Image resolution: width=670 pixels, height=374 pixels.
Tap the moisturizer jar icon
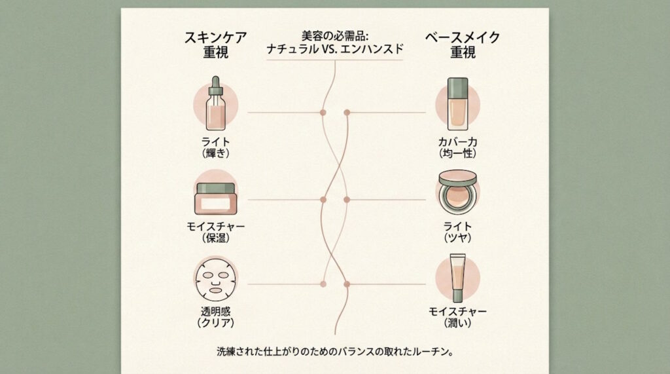coord(215,198)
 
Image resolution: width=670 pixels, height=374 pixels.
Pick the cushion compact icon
coord(457,192)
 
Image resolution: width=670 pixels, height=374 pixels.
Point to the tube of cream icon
coord(457,278)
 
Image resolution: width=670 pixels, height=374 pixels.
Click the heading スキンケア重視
coord(215,45)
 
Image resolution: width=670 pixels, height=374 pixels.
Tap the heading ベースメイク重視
coord(463,45)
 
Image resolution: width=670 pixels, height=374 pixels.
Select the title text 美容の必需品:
coord(335,35)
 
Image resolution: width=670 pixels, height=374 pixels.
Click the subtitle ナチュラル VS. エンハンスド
coord(335,49)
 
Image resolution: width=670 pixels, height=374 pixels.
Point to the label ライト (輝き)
coord(215,147)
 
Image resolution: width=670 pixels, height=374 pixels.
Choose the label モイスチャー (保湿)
coord(215,232)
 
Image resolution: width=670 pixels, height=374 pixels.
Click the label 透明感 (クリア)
coord(215,317)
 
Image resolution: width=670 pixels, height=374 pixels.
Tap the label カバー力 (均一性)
coord(457,147)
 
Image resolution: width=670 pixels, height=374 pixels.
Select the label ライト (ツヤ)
coord(457,232)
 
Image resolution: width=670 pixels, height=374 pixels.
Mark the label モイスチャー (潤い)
coord(457,317)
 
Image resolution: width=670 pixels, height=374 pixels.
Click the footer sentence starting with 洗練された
coord(335,352)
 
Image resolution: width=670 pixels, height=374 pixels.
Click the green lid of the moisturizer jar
coord(215,188)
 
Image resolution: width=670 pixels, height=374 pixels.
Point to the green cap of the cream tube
coord(457,295)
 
